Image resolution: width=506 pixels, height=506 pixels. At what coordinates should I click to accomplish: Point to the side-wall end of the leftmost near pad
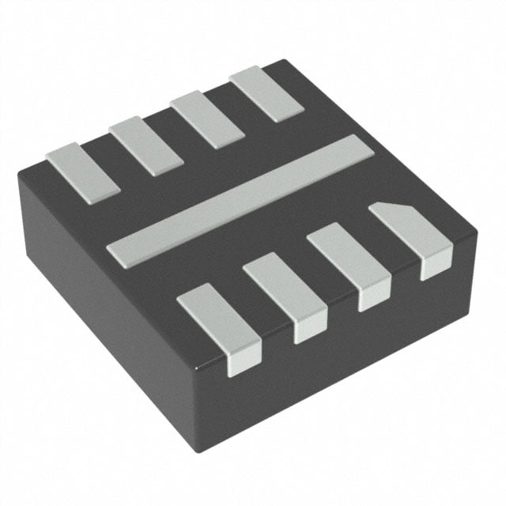point(244,360)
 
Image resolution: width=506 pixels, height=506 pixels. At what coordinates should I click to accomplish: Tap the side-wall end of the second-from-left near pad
point(311,330)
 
